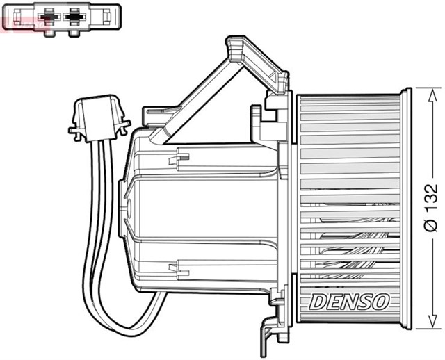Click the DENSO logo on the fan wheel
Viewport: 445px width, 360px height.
[x=350, y=301]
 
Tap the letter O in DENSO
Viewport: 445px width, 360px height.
[x=382, y=302]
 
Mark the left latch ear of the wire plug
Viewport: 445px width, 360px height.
[x=72, y=129]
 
